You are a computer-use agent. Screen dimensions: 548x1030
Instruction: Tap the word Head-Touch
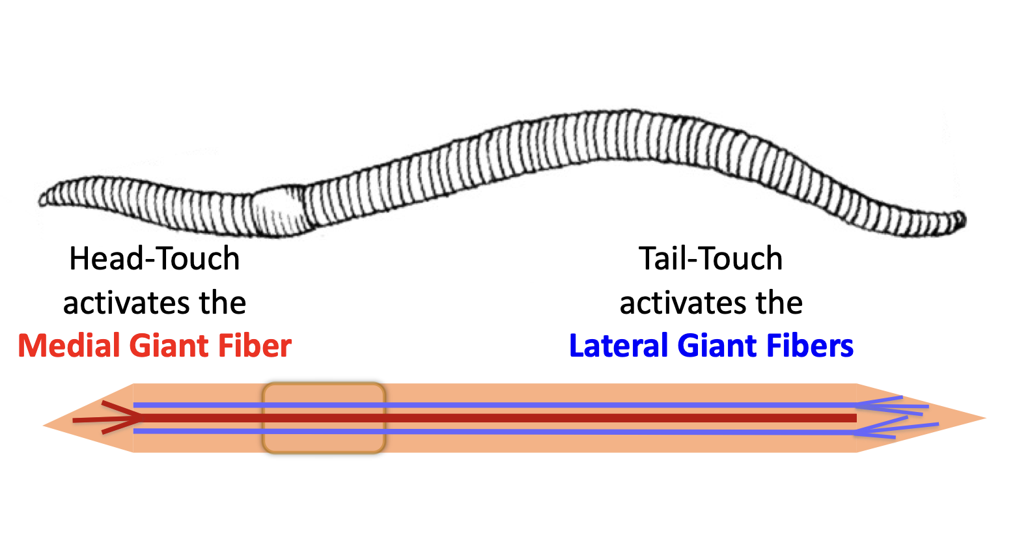[154, 258]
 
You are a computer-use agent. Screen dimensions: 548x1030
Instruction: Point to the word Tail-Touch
[710, 258]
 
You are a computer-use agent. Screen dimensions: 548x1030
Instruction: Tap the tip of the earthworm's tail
[962, 219]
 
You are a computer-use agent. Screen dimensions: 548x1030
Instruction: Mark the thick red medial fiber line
[521, 418]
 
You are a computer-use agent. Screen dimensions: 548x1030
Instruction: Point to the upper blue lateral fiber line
[521, 405]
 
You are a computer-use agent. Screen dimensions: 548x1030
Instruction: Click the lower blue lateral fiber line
[521, 432]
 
